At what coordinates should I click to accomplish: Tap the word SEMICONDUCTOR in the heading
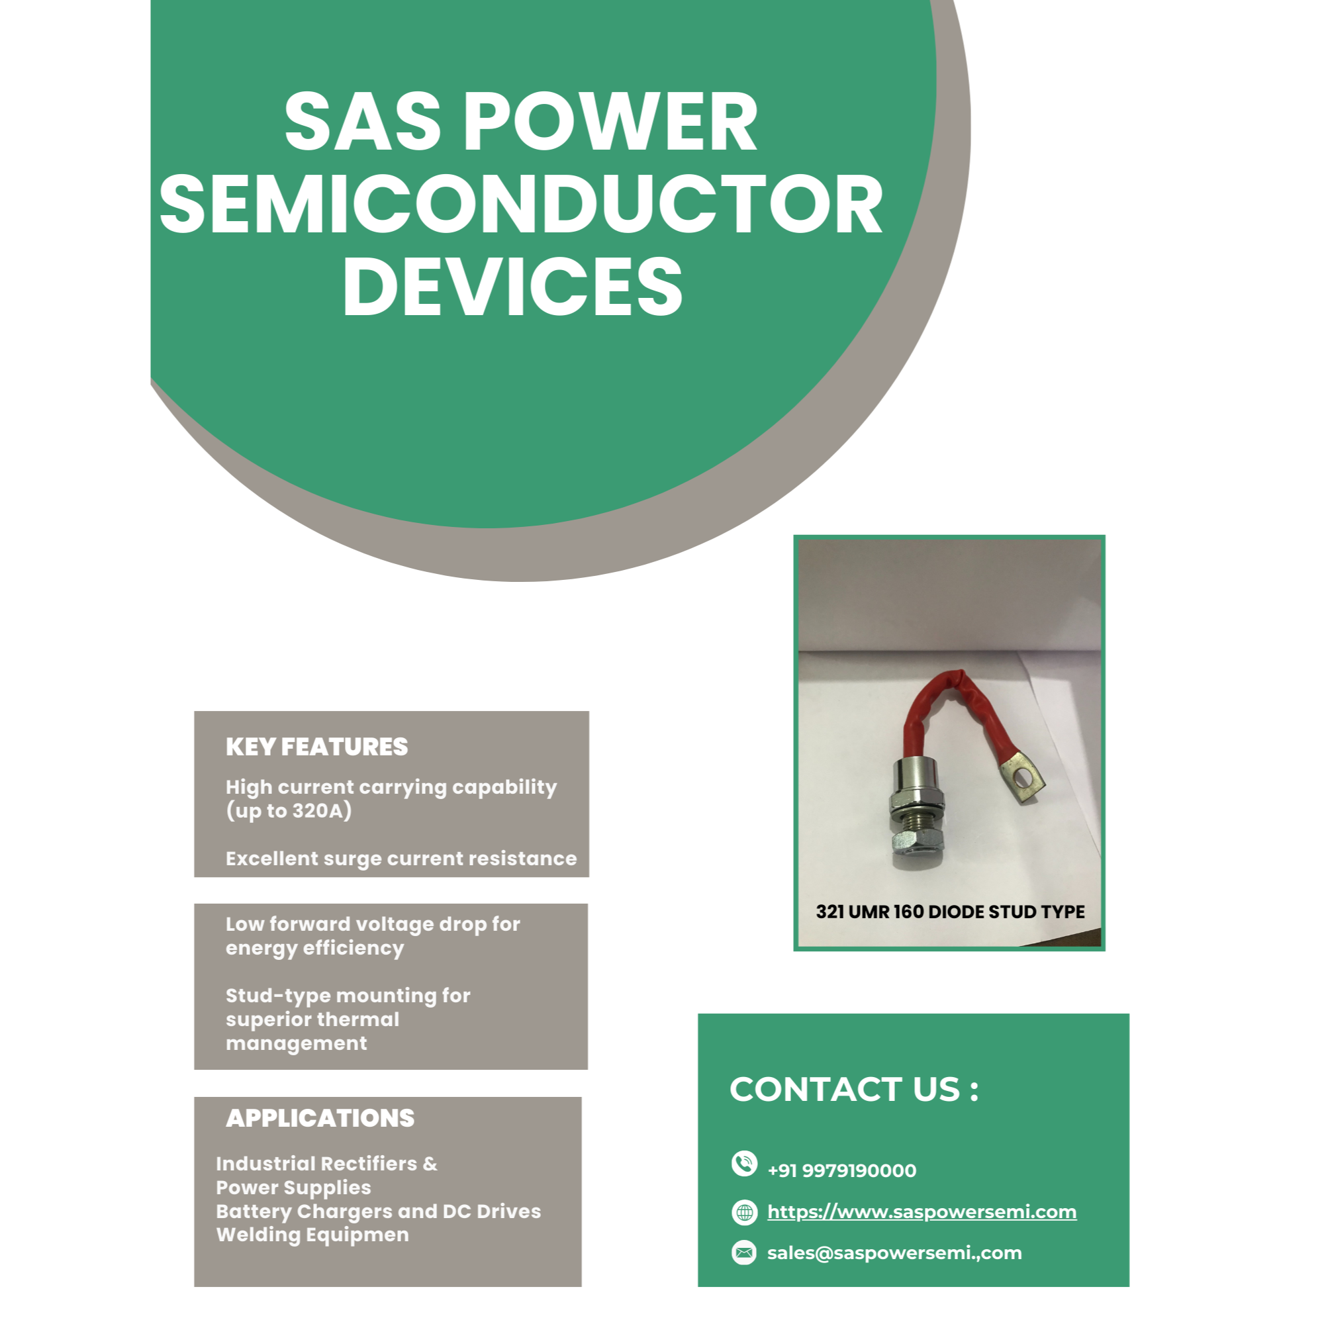click(x=522, y=203)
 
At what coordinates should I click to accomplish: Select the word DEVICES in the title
click(x=512, y=287)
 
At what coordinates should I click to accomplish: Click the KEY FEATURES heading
click(x=316, y=746)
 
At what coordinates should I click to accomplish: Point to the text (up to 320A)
click(x=289, y=811)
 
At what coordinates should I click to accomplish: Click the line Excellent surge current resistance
click(x=401, y=859)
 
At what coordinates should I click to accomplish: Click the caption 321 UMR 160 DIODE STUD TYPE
click(x=950, y=912)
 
